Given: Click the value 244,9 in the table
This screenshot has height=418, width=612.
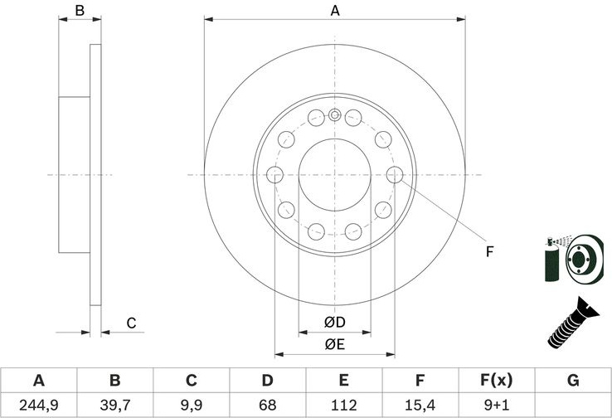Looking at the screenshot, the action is pyautogui.click(x=39, y=405).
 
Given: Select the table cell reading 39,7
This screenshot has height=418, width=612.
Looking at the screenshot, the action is pyautogui.click(x=115, y=405).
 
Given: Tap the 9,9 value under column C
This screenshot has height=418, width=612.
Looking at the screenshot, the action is pyautogui.click(x=192, y=405).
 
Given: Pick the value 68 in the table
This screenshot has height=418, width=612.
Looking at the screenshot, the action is pyautogui.click(x=267, y=405).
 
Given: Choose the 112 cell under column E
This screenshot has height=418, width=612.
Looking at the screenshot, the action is pyautogui.click(x=344, y=405).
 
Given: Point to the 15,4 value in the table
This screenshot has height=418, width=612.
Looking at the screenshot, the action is pyautogui.click(x=420, y=405).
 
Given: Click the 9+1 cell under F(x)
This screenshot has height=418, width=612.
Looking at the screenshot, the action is pyautogui.click(x=497, y=405).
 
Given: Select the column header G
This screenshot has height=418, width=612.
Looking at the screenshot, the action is pyautogui.click(x=573, y=380).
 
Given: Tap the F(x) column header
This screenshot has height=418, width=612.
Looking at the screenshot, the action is pyautogui.click(x=497, y=380).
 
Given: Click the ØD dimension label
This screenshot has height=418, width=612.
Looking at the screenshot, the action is pyautogui.click(x=335, y=322).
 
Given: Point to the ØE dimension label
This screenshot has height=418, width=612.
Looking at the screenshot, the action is pyautogui.click(x=335, y=344).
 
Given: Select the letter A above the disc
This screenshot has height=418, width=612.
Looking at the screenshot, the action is pyautogui.click(x=335, y=11).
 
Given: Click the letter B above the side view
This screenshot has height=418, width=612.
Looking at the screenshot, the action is pyautogui.click(x=80, y=11).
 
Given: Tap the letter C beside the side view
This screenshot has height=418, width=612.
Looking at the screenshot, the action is pyautogui.click(x=131, y=323).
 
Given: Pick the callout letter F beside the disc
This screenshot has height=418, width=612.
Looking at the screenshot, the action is pyautogui.click(x=490, y=252).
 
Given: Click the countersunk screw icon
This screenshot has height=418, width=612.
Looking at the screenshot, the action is pyautogui.click(x=573, y=323).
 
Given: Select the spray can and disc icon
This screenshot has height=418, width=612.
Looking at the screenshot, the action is pyautogui.click(x=574, y=259).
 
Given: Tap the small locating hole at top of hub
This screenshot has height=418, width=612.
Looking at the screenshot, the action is pyautogui.click(x=334, y=115).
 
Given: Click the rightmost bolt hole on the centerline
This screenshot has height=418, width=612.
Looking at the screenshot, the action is pyautogui.click(x=395, y=174).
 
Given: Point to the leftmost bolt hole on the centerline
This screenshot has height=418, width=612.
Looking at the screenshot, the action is pyautogui.click(x=274, y=174).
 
